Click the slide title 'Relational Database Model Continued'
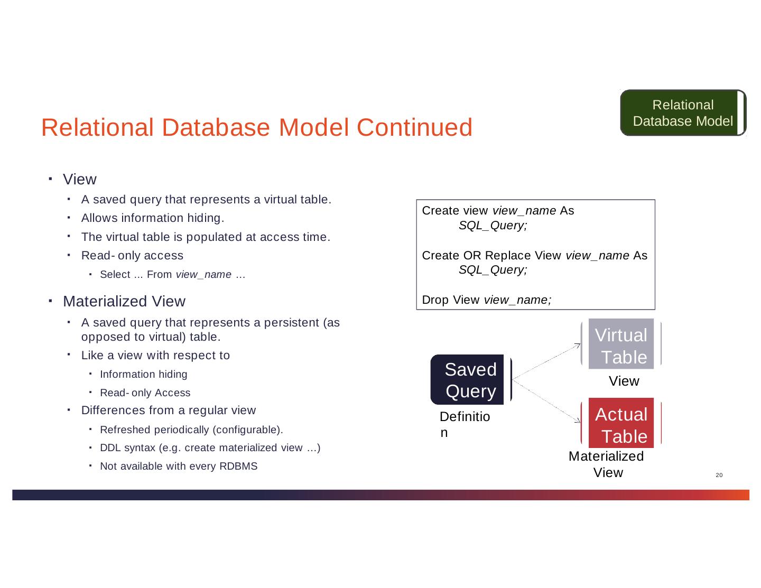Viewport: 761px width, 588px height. point(256,128)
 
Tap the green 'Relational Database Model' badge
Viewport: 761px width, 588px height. point(682,113)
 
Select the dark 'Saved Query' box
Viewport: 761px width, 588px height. point(470,380)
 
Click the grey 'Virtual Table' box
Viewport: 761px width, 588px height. point(621,346)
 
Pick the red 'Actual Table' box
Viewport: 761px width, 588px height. point(621,425)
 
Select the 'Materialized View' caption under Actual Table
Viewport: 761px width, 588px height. point(606,464)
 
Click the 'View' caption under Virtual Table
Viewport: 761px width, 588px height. point(624,381)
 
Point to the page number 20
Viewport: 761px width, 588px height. point(719,475)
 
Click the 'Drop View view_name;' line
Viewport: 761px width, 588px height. point(487,300)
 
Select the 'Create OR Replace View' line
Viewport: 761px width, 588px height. point(534,256)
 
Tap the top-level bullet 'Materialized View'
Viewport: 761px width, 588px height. point(124,301)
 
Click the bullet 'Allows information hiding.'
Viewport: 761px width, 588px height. point(153,218)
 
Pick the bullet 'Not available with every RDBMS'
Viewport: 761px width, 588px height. point(179,466)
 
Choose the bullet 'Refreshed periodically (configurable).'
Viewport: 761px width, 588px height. point(191,429)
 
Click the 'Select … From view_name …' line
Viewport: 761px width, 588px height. point(172,274)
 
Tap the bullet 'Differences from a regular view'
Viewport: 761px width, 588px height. point(168,410)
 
